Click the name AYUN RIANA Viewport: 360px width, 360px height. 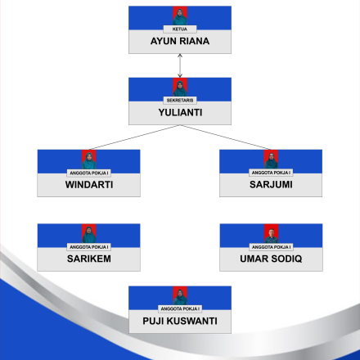(x=180, y=41)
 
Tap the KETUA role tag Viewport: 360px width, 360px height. (x=180, y=29)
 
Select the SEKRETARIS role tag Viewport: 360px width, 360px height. (x=180, y=100)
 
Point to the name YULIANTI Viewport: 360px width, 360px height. (x=180, y=112)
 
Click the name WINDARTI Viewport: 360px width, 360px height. (x=89, y=185)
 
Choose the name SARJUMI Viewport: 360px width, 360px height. (x=271, y=184)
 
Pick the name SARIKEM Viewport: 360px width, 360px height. (x=89, y=259)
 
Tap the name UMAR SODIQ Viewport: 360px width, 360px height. (x=271, y=259)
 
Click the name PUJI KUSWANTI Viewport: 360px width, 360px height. (x=180, y=321)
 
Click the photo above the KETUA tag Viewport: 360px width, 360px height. (x=180, y=16)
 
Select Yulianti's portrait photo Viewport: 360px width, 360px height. (x=180, y=88)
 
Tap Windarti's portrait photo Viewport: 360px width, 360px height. (x=89, y=160)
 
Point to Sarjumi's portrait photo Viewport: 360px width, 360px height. (x=271, y=160)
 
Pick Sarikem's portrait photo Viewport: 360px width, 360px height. (x=89, y=233)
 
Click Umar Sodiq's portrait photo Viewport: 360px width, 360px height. (x=271, y=233)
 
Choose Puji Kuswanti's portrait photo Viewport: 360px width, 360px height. (x=180, y=295)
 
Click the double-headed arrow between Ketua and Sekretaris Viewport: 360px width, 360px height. (x=180, y=65)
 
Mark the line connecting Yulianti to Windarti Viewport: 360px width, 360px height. (x=134, y=137)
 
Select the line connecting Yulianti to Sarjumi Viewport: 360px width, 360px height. (x=225, y=137)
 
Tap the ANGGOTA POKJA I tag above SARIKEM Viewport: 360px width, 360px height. (x=89, y=247)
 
